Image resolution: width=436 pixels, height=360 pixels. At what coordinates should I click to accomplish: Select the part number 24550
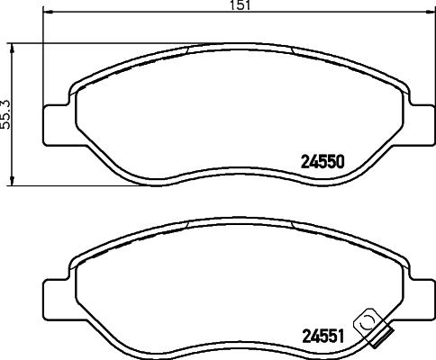322,164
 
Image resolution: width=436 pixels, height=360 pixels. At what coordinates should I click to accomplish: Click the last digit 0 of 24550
342,164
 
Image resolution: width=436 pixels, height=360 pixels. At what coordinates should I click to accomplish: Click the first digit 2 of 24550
303,164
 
